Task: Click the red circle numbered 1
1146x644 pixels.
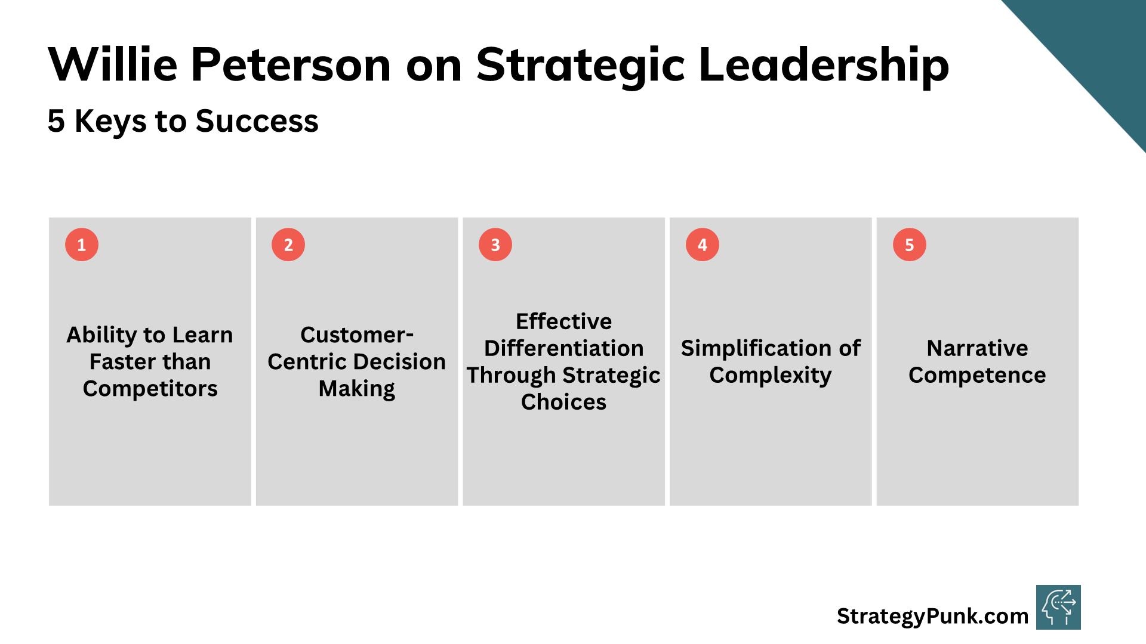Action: tap(82, 244)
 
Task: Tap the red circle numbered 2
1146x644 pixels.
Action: tap(288, 244)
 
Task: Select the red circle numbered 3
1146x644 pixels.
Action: tap(495, 244)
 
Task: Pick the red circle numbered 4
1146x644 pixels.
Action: tap(703, 244)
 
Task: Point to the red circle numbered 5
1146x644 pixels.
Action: tap(910, 244)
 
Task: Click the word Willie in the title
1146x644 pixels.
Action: tap(113, 64)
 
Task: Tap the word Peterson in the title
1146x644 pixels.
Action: tap(291, 64)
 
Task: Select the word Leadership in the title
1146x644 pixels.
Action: tap(824, 64)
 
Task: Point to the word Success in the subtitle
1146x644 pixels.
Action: tap(257, 121)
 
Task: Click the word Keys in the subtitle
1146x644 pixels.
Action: tap(110, 121)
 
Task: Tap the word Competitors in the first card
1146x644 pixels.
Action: tap(150, 389)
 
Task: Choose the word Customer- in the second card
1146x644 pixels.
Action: tap(357, 335)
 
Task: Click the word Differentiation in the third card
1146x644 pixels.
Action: tap(564, 348)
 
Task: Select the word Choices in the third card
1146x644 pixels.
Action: tap(564, 402)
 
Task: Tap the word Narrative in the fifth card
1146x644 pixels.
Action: tap(978, 348)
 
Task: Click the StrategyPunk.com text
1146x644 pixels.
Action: tap(933, 616)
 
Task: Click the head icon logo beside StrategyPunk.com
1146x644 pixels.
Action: tap(1058, 607)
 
